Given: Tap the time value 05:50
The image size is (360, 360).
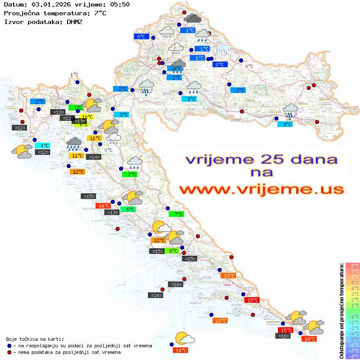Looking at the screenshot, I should [x=119, y=5].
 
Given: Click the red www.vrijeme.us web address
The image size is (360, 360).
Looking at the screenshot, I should [x=261, y=190].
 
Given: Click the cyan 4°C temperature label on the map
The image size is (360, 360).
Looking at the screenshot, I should [x=44, y=146].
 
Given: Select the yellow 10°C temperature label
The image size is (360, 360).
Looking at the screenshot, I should [x=87, y=117].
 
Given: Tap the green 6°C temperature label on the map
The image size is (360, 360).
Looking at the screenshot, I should [x=130, y=209].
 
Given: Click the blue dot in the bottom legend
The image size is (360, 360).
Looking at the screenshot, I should [x=10, y=346].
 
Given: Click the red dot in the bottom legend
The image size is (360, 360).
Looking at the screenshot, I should [x=10, y=352].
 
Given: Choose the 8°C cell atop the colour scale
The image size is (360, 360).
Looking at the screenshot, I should [x=353, y=266].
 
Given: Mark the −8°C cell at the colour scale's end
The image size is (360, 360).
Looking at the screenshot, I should [x=353, y=356].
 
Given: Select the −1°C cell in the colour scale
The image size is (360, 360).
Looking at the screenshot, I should [x=353, y=317].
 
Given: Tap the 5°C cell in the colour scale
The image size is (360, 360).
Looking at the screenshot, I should [x=353, y=283].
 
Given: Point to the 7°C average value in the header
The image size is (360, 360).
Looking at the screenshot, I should [x=99, y=13].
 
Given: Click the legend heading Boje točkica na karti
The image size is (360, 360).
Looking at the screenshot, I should [x=35, y=339].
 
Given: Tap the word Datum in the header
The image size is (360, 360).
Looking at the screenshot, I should [x=13, y=5].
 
